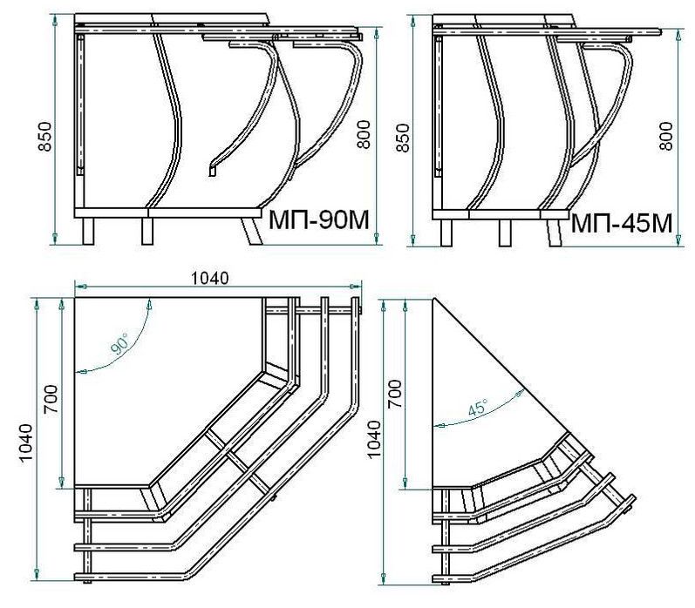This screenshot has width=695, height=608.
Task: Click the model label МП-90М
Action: [318, 220]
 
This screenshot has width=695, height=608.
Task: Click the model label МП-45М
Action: [622, 223]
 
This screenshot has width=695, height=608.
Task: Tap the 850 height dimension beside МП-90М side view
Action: [45, 137]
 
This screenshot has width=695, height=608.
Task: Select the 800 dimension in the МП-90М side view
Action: [363, 134]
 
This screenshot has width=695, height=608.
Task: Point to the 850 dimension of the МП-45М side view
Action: [403, 138]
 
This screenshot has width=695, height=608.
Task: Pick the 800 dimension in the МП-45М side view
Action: [665, 136]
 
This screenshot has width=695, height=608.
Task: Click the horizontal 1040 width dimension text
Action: [209, 278]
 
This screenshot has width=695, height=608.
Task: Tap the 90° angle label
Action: [119, 343]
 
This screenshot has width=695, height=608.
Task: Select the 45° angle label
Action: [478, 407]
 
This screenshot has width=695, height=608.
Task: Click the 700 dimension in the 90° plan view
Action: [51, 399]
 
